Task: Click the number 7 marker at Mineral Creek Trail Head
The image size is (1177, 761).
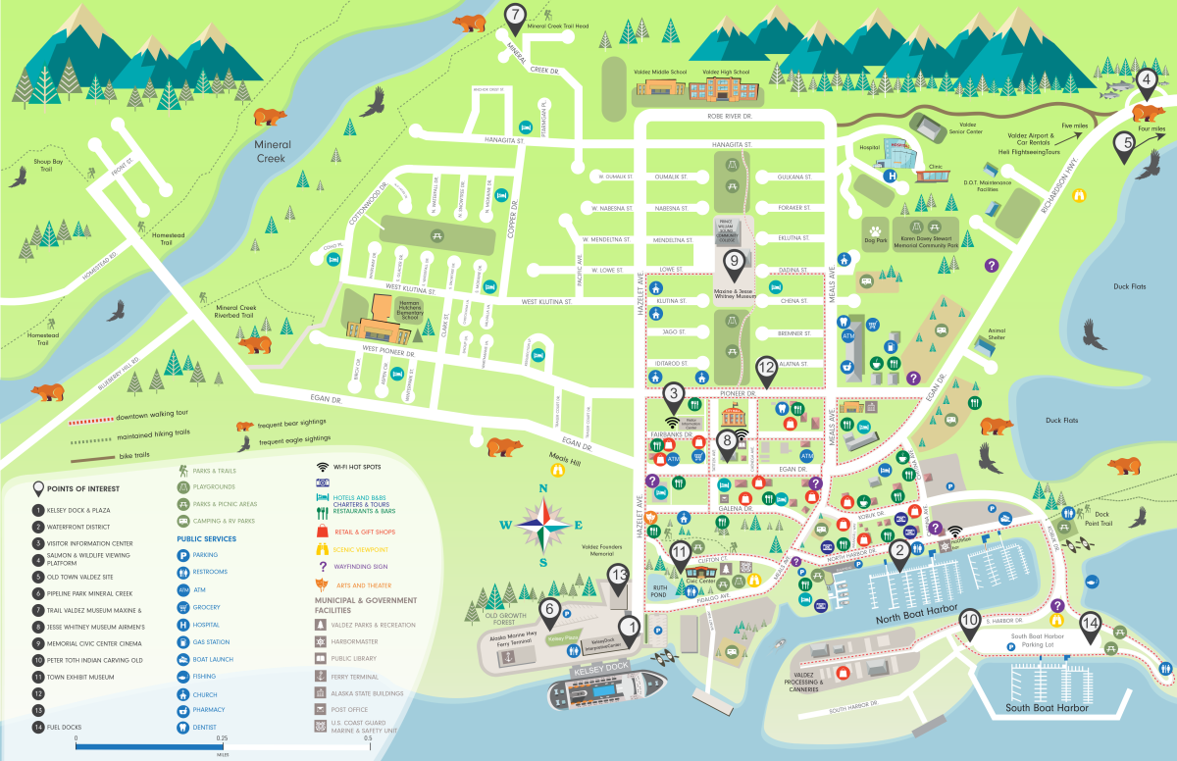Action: (516, 15)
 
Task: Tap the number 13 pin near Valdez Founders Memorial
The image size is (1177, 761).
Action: (617, 575)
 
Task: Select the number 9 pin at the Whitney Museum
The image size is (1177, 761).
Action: (733, 262)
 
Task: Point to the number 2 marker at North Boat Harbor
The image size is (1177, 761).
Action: (898, 552)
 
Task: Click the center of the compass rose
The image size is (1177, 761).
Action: (542, 524)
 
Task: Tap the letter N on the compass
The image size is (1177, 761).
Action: (542, 488)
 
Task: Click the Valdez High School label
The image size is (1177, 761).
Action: (727, 72)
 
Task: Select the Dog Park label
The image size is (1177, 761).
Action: (874, 238)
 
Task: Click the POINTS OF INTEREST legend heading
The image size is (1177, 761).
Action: (89, 488)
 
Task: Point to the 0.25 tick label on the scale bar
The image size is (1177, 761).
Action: (222, 738)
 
